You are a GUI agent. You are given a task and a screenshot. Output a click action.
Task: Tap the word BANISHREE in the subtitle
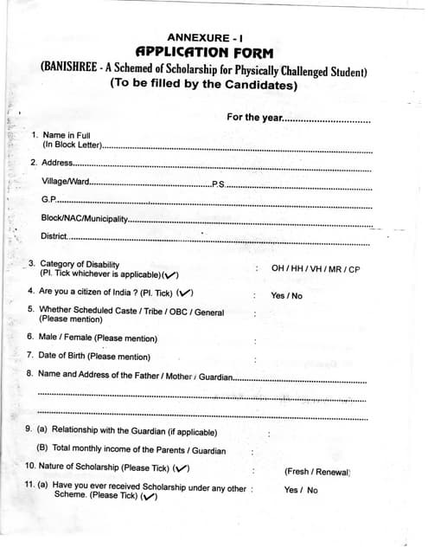pos(74,69)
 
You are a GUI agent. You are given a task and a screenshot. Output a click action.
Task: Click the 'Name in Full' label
pos(67,135)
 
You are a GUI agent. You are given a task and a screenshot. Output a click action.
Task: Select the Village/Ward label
pos(65,182)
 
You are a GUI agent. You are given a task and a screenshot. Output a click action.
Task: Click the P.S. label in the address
pos(218,184)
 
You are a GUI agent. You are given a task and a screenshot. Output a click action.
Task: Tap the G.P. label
pos(48,200)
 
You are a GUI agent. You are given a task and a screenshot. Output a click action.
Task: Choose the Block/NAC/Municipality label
pos(83,218)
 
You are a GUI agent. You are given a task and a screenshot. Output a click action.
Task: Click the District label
pos(54,236)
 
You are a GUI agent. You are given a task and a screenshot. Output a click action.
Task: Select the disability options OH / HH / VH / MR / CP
pos(315,269)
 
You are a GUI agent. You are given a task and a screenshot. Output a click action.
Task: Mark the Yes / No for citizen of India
pos(286,295)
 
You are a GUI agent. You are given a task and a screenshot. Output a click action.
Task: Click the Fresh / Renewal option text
pos(316,472)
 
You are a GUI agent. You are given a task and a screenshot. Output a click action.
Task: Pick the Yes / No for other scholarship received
pos(300,490)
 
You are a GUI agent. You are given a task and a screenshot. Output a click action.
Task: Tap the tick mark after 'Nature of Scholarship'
pos(181,468)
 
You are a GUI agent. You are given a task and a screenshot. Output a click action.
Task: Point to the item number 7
pos(29,355)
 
